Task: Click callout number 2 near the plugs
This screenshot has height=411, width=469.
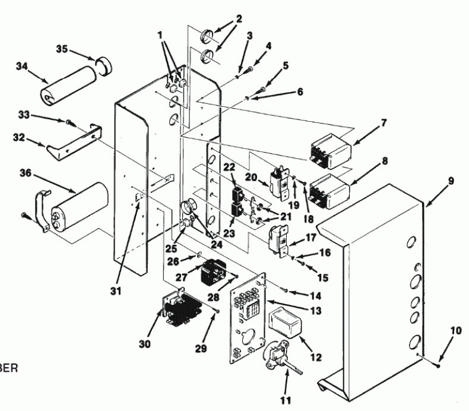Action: point(238,18)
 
